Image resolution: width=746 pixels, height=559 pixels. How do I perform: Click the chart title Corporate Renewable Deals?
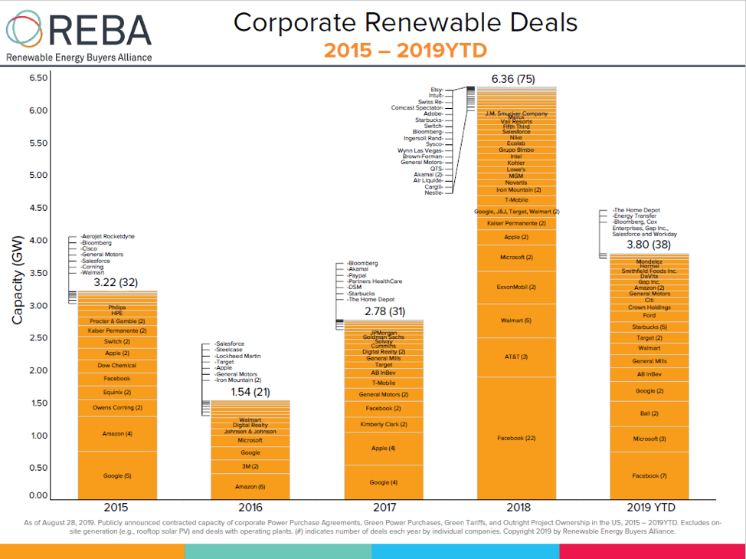coord(405,22)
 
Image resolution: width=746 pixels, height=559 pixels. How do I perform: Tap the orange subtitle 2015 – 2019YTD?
coord(405,51)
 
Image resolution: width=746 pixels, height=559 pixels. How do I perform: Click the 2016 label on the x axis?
coord(250,508)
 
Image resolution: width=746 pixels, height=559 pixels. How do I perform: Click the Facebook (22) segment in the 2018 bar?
coord(515,438)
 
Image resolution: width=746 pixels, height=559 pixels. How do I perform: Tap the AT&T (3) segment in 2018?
coord(515,357)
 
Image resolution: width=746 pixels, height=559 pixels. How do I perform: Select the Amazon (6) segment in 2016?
coord(250,487)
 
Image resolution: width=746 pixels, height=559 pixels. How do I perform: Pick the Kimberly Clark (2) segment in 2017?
coord(383,424)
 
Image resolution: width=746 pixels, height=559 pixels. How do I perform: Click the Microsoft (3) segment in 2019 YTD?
coord(649,439)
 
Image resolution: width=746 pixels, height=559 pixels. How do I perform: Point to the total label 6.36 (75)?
coord(513,78)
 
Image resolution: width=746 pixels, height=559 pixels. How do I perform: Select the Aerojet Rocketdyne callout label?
coord(113,236)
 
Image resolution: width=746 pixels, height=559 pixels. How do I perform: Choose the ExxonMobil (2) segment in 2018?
coord(515,287)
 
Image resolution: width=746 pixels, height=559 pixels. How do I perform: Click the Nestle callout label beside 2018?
coord(434,192)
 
